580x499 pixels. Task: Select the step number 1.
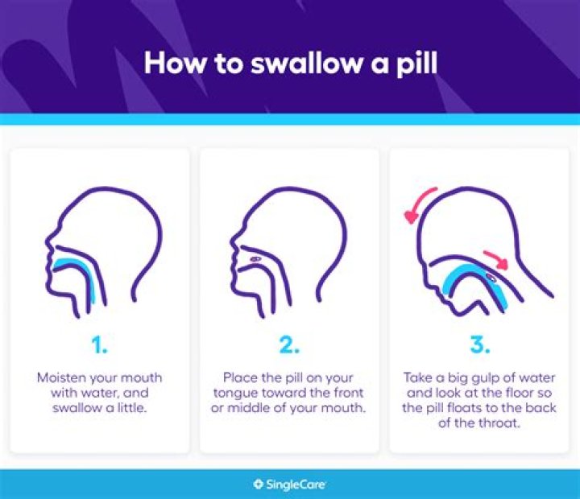99,346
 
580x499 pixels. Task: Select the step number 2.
289,346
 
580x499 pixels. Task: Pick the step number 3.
480,346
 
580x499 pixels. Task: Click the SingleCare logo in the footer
289,485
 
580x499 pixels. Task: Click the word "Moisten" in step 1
62,377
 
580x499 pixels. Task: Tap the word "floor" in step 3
503,392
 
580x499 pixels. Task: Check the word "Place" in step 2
242,377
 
